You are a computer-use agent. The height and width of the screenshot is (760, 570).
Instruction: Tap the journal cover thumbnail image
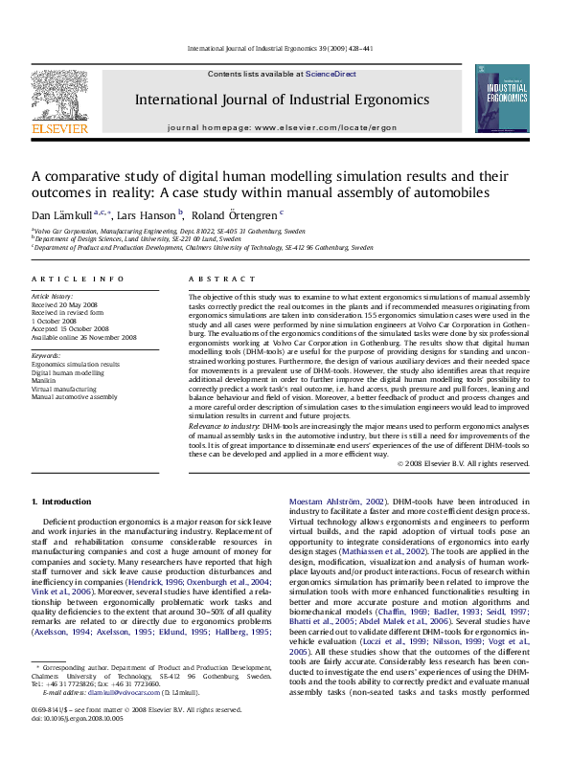click(502, 99)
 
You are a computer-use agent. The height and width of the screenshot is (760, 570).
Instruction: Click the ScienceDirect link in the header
click(331, 74)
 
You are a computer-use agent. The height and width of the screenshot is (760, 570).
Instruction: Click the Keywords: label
click(46, 356)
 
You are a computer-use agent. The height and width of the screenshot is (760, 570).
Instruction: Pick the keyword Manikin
click(44, 380)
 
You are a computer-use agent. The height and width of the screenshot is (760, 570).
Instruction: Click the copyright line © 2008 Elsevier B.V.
click(476, 463)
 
